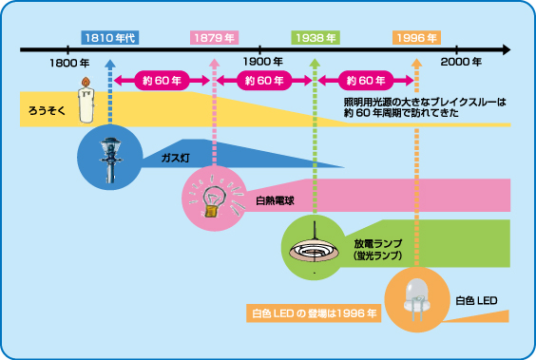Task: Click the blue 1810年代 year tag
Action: tap(110, 38)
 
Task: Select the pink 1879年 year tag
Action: tap(214, 38)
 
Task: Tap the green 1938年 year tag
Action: tap(316, 38)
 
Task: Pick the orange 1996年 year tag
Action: tap(416, 38)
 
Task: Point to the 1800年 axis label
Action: tap(69, 63)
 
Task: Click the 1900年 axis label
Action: tap(263, 62)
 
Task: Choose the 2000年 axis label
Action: tap(461, 62)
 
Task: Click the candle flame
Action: tap(86, 82)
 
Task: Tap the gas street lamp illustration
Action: tap(110, 160)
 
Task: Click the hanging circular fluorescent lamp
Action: tap(315, 245)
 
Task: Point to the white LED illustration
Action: tap(416, 299)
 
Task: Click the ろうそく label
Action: tap(47, 111)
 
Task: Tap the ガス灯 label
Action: tap(176, 158)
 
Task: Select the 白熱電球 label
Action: tap(276, 200)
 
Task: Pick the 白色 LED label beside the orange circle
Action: tap(476, 300)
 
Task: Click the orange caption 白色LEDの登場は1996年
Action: tap(314, 313)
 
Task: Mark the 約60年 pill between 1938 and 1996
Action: tap(366, 81)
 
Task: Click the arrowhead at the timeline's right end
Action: tap(507, 49)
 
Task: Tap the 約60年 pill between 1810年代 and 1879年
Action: tap(162, 81)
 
